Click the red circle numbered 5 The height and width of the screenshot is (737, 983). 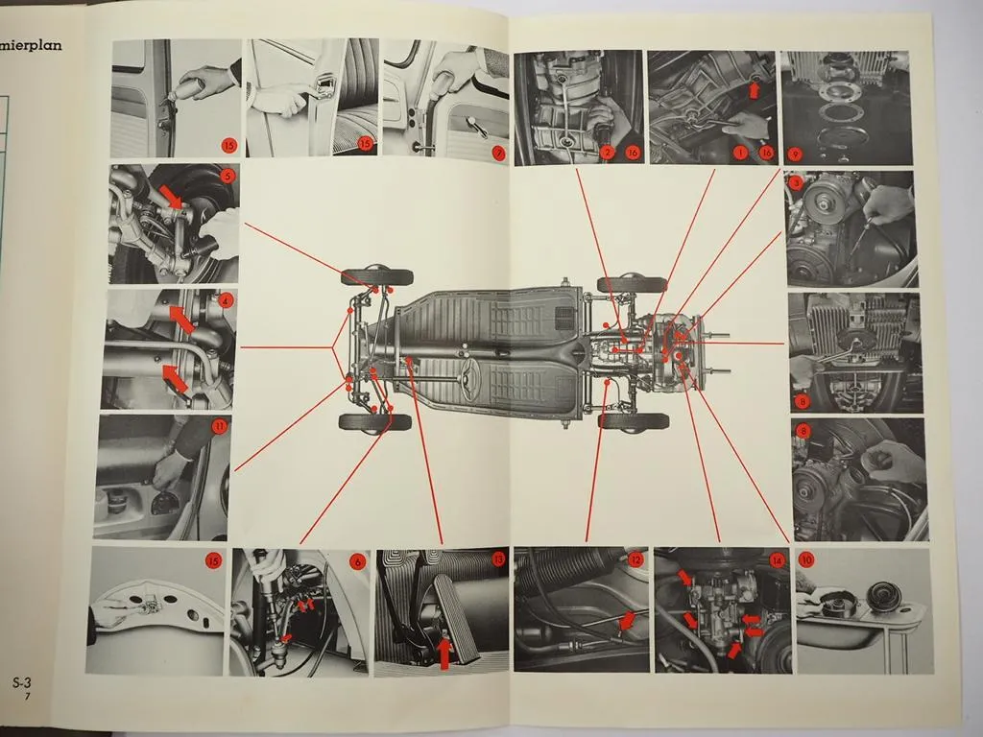click(x=227, y=176)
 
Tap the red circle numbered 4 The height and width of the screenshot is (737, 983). click(x=226, y=299)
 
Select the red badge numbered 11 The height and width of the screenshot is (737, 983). click(x=220, y=425)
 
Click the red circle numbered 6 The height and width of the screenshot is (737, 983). click(x=357, y=562)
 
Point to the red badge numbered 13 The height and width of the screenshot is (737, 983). click(x=497, y=559)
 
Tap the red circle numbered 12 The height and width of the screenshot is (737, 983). click(x=635, y=559)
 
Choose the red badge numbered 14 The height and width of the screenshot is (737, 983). click(x=776, y=559)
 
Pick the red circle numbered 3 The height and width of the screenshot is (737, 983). click(x=796, y=180)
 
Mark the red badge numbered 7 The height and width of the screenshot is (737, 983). click(x=498, y=152)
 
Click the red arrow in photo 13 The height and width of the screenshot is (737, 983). click(x=444, y=653)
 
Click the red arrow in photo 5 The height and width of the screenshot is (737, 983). click(x=171, y=198)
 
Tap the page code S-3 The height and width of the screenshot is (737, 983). click(x=23, y=683)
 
